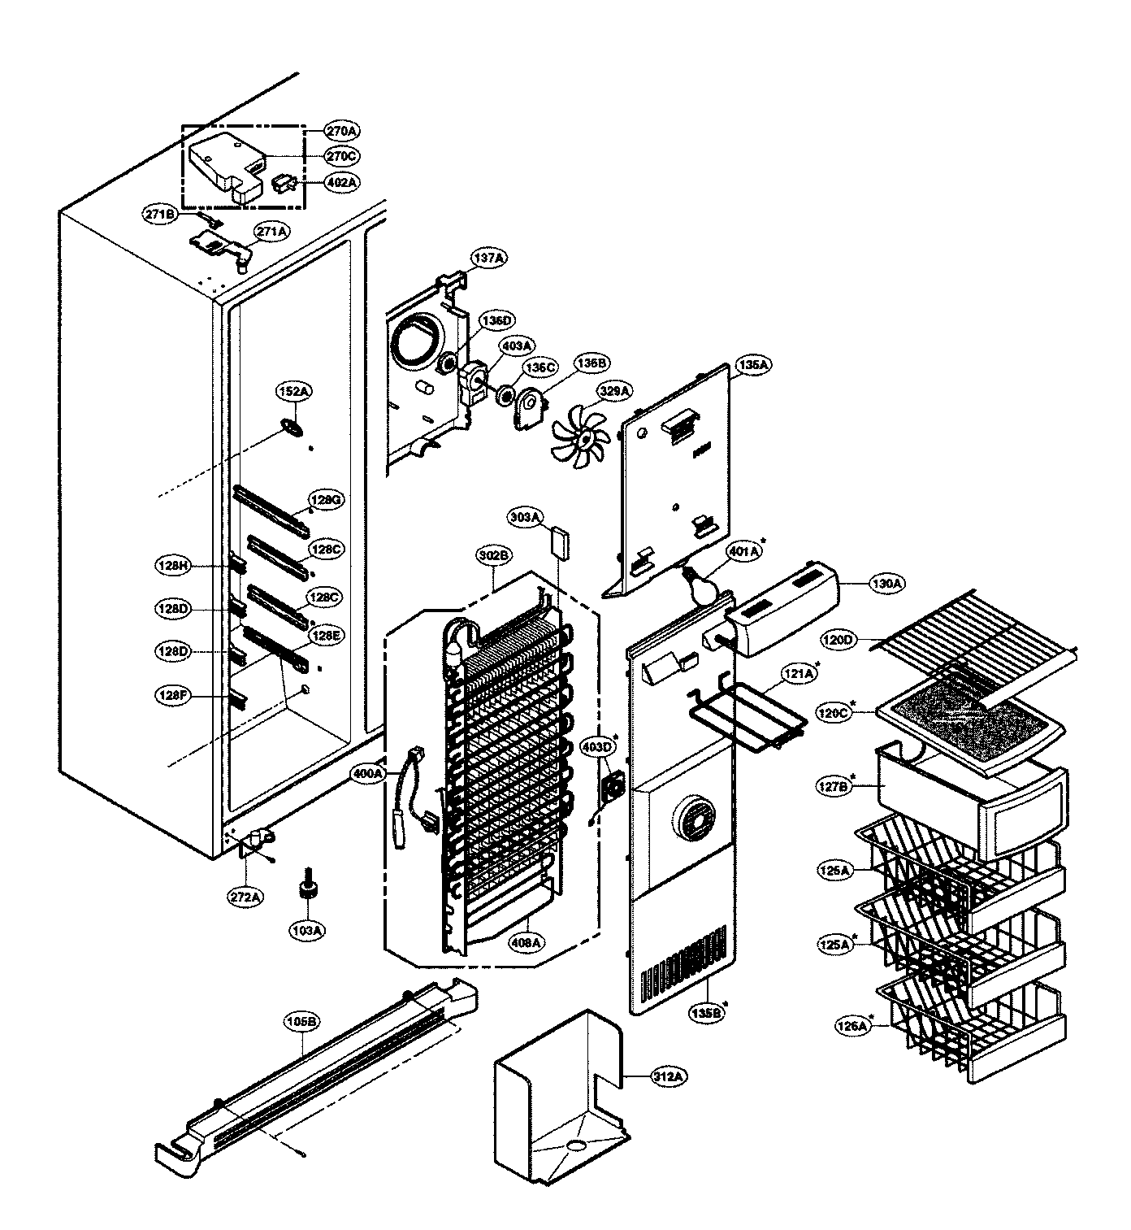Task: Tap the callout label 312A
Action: pos(669,1076)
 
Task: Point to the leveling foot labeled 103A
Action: pos(309,889)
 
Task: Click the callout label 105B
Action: pos(302,1020)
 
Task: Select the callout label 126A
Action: pos(852,1026)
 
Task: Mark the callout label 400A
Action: pos(368,774)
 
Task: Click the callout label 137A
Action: pos(489,258)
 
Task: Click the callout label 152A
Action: pos(295,392)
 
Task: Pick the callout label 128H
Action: pos(174,564)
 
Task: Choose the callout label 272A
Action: pos(244,898)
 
